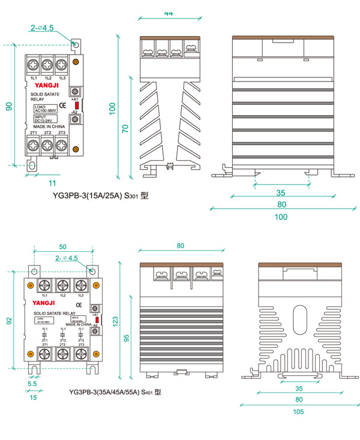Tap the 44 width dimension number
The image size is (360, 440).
tap(168, 13)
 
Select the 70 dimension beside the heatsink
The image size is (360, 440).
tap(125, 128)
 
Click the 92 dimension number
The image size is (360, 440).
tap(9, 321)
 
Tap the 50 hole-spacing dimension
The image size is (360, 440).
tap(62, 246)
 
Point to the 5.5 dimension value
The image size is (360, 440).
tap(32, 384)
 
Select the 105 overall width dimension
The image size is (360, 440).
tap(298, 411)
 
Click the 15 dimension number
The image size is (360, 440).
tap(32, 397)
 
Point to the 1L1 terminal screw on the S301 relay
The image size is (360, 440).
tap(34, 64)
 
